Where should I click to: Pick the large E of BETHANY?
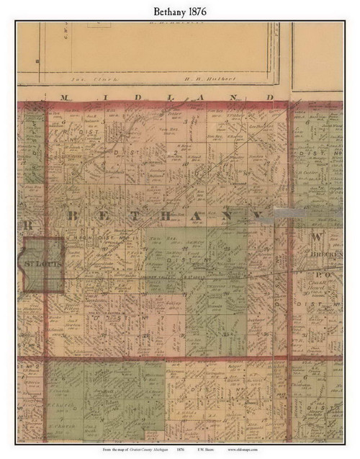tap(104, 215)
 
